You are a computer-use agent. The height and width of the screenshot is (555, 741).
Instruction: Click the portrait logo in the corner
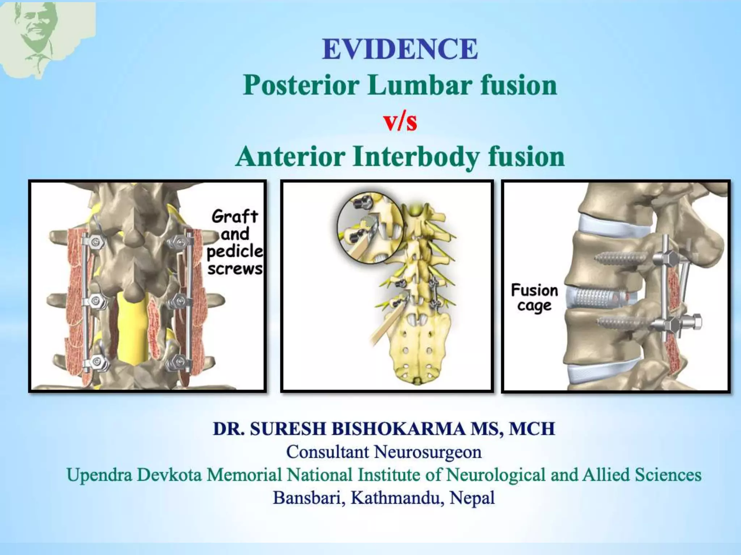click(40, 36)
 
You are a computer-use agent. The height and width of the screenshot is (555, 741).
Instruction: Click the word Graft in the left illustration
click(234, 216)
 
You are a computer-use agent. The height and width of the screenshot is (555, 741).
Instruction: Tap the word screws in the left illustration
click(235, 269)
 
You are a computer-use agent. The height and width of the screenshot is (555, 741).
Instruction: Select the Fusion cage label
click(534, 298)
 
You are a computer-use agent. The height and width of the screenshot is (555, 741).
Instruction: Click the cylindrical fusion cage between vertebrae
click(596, 298)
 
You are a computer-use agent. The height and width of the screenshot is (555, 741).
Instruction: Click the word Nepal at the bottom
click(472, 498)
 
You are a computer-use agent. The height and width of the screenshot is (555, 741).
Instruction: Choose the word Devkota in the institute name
click(169, 475)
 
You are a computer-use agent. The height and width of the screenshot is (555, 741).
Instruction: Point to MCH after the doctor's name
click(532, 429)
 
